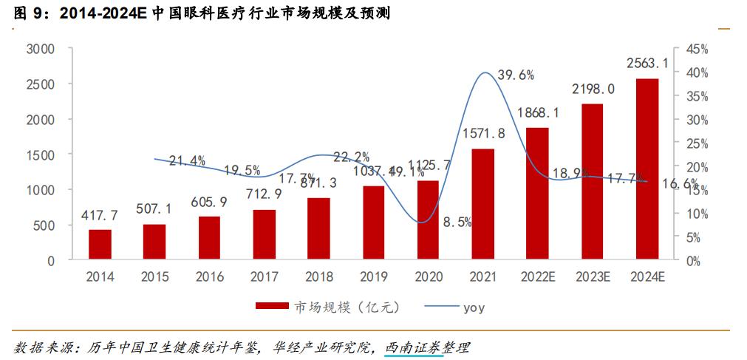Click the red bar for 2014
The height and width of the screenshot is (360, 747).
point(100,245)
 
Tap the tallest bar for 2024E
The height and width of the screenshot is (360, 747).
point(647,169)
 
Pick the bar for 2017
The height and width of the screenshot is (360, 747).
point(264,235)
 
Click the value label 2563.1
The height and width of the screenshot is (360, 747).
point(647,64)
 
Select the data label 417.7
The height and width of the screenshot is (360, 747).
point(100,215)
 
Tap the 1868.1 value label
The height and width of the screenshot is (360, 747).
point(537,112)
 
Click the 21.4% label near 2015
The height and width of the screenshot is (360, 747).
point(187,161)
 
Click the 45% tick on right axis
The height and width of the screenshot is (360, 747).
point(697,50)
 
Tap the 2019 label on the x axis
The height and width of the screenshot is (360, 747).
point(373,277)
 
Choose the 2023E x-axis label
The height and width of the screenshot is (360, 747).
point(592,277)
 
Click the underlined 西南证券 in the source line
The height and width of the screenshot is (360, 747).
point(414,347)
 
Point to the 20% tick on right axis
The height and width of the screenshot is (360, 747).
point(697,167)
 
